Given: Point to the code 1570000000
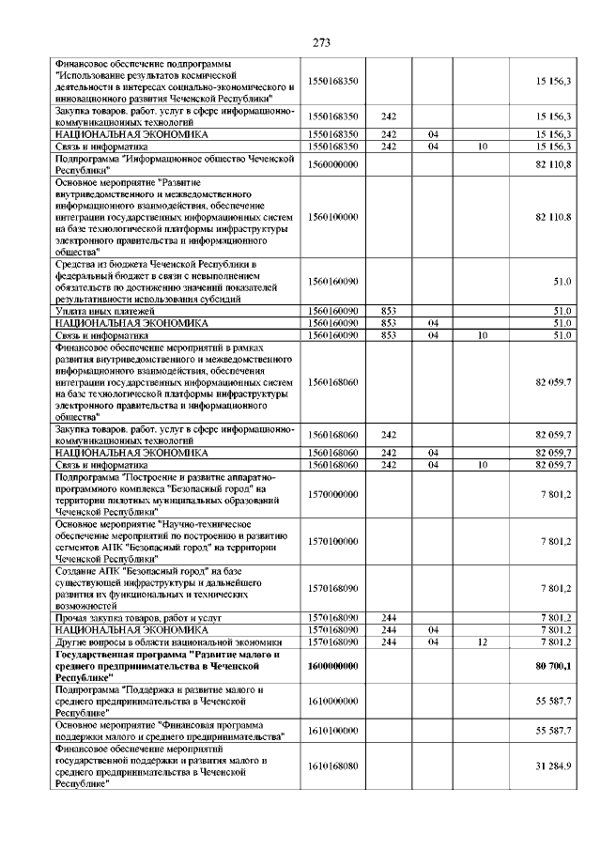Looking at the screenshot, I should coord(333,494).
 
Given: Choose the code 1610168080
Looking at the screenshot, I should coord(333,766).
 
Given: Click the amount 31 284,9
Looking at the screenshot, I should coord(554,766).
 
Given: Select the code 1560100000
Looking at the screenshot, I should coord(333,217).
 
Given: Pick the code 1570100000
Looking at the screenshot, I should coord(333,541).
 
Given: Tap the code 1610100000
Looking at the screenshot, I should coord(333,730).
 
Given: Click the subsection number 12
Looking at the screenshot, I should coord(481,641).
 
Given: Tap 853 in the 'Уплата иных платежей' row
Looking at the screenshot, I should coord(389,310).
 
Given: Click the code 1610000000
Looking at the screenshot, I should coord(333,701).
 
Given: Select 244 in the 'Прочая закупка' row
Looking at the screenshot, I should coord(389,617).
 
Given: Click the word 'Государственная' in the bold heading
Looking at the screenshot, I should coord(93,654).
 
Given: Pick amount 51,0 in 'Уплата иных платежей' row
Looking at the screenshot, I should coord(562,310).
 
